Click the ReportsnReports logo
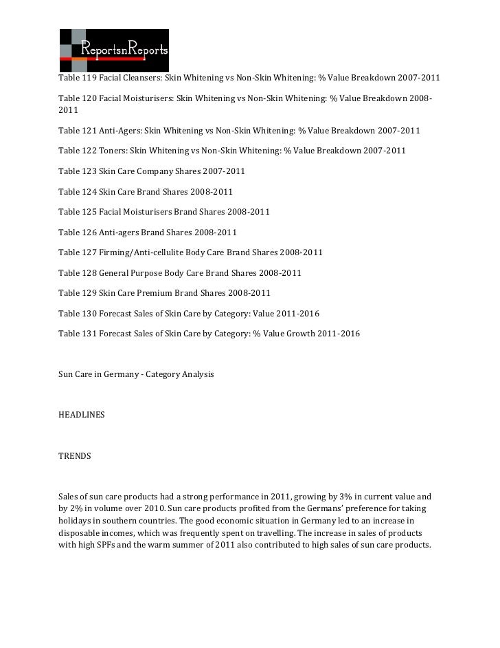[x=114, y=50]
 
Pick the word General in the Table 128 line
[x=117, y=273]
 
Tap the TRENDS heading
[x=75, y=456]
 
